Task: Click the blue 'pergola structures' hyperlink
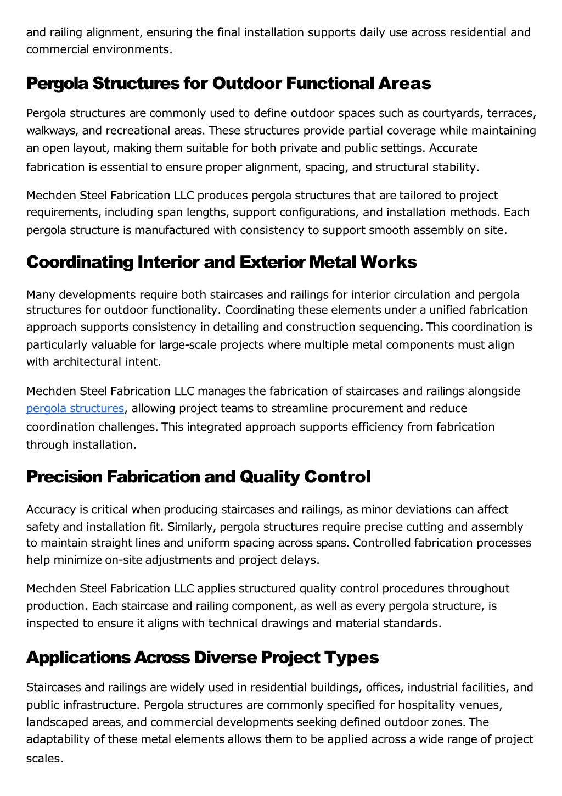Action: (x=75, y=408)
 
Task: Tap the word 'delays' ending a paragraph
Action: (x=302, y=560)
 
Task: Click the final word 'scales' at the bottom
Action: (x=43, y=759)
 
